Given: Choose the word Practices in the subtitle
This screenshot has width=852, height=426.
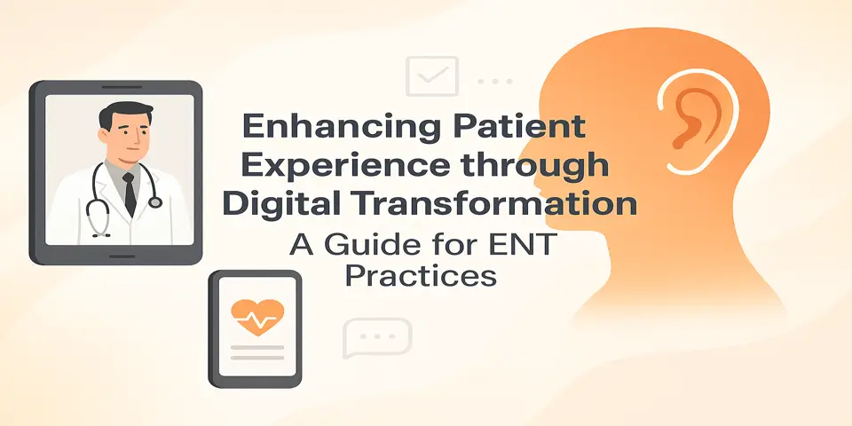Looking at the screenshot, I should click(420, 275).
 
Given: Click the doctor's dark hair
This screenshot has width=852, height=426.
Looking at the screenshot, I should click(121, 116).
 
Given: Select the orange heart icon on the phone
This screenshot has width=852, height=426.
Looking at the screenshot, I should click(256, 313).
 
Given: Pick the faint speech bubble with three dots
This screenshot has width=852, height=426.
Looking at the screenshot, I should click(377, 338).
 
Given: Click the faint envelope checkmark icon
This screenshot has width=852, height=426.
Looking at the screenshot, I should click(431, 77).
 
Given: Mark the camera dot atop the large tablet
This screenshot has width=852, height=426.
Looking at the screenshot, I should click(117, 89).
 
